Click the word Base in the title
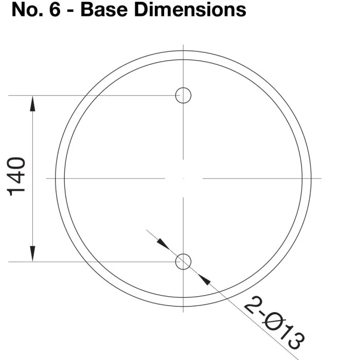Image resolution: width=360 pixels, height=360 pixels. coord(104,10)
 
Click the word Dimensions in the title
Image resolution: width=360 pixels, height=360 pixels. coord(190,10)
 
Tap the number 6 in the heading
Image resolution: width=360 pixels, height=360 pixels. coord(55,10)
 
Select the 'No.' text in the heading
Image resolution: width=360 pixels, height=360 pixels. coord(27,10)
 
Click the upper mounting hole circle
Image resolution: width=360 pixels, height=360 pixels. coord(183,88)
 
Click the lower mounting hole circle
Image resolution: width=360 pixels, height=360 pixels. coord(183,254)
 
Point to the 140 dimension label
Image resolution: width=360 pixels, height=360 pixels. coord(16,176)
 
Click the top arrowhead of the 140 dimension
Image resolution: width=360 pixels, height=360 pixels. coord(32,103)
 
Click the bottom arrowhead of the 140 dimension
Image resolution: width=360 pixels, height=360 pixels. coord(32,254)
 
